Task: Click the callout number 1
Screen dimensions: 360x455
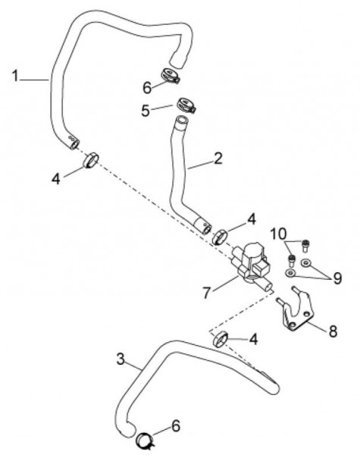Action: coord(15,76)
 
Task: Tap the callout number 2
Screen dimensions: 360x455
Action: coord(218,158)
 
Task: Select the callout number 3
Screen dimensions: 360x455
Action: coord(121,359)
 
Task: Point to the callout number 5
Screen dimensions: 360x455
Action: coord(146,111)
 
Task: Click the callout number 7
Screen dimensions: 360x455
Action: coord(206,293)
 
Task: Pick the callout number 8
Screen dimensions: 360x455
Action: coord(333,331)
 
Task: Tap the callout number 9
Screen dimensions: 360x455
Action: coord(337,278)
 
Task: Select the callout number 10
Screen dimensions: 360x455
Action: coord(278,234)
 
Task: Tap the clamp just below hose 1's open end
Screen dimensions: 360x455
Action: coord(170,75)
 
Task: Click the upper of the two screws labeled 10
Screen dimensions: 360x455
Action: coord(305,246)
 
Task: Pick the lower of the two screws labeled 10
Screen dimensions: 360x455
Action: coord(291,261)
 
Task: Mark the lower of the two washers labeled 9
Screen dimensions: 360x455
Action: coord(290,273)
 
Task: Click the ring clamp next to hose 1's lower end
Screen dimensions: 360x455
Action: coord(91,160)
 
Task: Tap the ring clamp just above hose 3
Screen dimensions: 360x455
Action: coord(221,339)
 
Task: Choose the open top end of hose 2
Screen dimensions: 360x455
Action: coord(182,120)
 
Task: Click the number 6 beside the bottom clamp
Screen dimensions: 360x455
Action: coord(176,426)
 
